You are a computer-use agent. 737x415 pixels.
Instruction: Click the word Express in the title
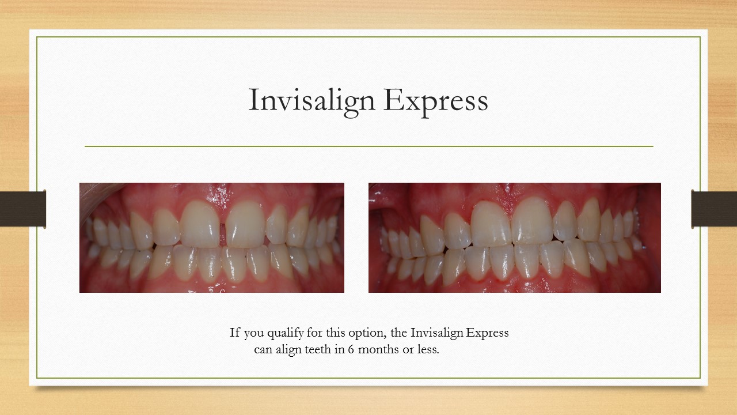(x=435, y=100)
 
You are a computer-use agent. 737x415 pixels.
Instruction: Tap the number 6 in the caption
(x=351, y=350)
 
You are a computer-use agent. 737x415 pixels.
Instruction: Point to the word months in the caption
(x=377, y=350)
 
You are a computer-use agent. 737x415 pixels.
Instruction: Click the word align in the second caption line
(x=290, y=350)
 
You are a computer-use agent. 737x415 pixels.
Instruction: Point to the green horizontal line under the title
(x=368, y=146)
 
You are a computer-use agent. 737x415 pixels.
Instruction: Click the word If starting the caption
(x=234, y=333)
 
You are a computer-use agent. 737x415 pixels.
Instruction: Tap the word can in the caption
(x=263, y=350)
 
